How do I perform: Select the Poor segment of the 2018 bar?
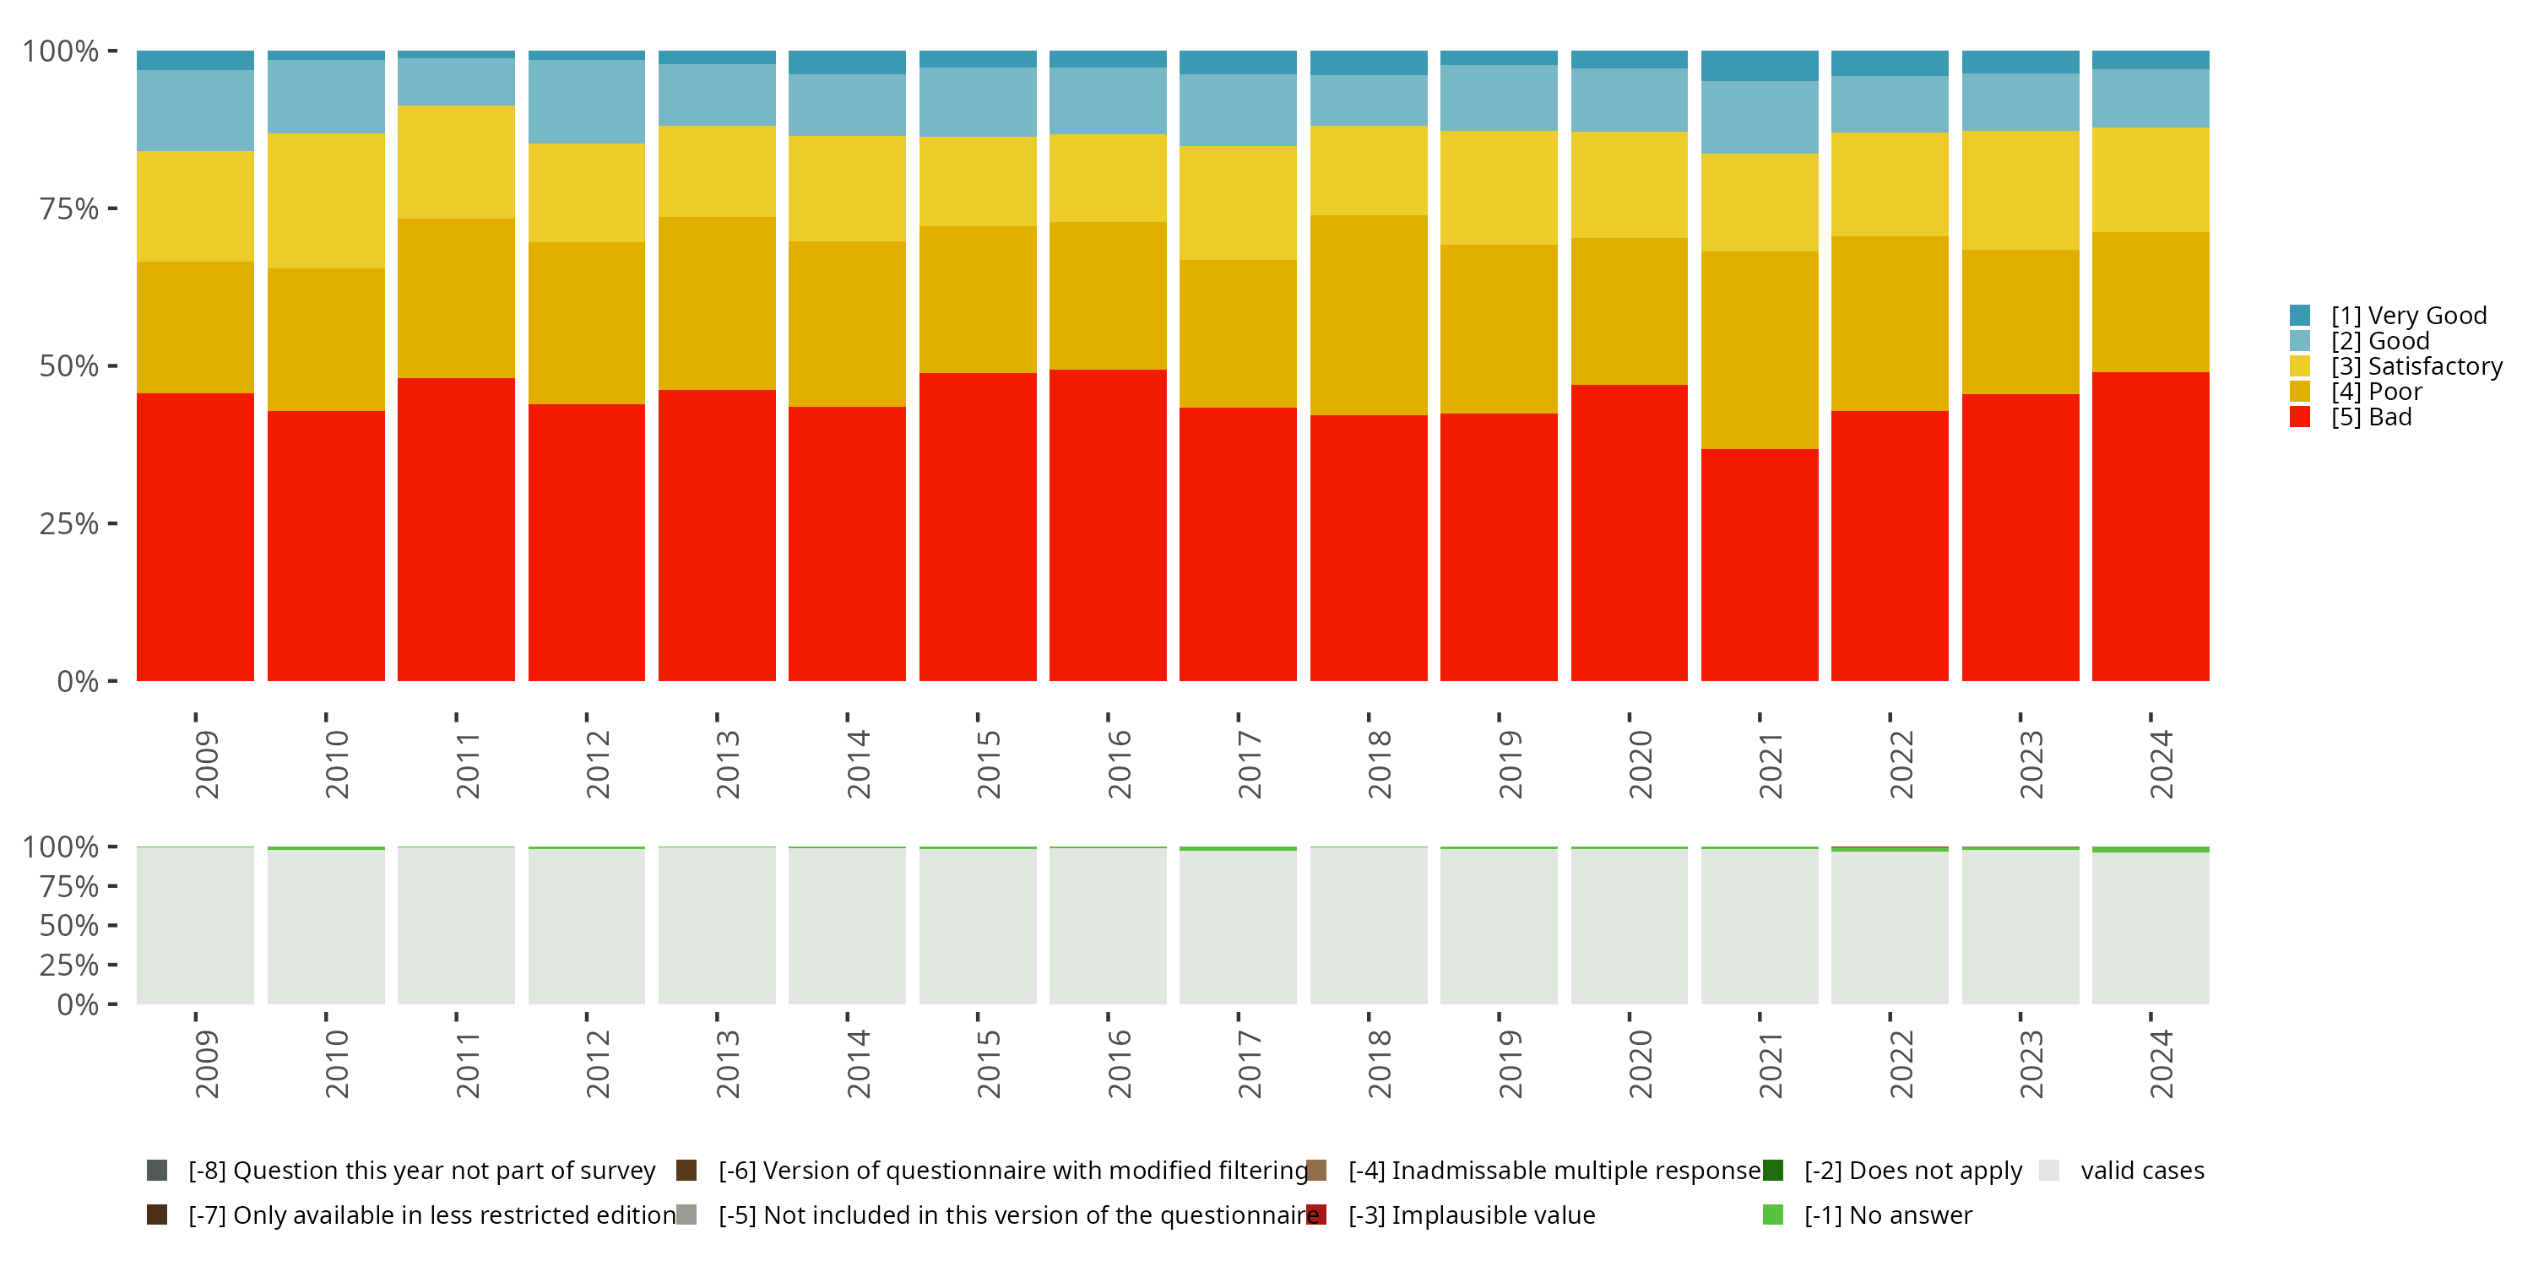tap(1369, 316)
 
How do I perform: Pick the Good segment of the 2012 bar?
tap(587, 102)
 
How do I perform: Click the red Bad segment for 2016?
tap(1108, 525)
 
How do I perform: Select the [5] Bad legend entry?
tap(2350, 417)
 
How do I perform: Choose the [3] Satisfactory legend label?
tap(2416, 366)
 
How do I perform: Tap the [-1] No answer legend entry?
tap(1868, 1216)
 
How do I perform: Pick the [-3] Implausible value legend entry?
tap(1451, 1216)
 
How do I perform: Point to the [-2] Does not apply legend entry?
tap(1893, 1171)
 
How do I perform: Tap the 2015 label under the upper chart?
tap(988, 764)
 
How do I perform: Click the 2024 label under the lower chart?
tap(2161, 1064)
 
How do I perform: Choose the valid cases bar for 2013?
tap(717, 926)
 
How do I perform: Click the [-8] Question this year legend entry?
tap(401, 1171)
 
